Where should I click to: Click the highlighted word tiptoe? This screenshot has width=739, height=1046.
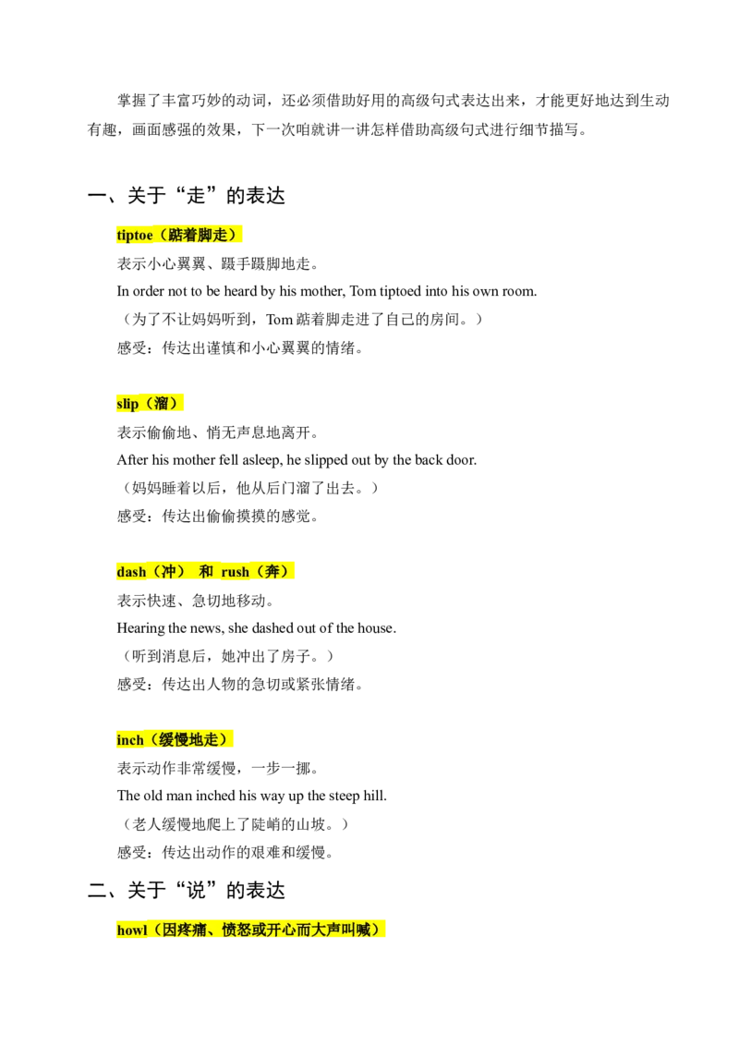click(x=135, y=236)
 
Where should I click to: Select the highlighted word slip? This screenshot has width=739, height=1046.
click(x=127, y=404)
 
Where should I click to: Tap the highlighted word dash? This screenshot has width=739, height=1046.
click(x=131, y=572)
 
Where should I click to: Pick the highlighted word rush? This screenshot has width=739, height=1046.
click(x=235, y=572)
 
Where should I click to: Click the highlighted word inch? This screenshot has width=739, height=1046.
click(x=130, y=740)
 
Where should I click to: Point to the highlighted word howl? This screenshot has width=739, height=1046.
click(x=132, y=930)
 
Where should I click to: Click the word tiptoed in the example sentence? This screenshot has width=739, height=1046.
click(x=400, y=291)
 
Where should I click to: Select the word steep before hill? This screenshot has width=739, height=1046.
click(x=345, y=796)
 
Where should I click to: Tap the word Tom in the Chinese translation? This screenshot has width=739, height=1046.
click(x=280, y=320)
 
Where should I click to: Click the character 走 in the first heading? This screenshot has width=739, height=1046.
click(x=196, y=196)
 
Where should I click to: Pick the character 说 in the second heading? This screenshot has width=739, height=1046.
click(x=196, y=891)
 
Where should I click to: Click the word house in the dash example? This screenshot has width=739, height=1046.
click(x=376, y=627)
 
